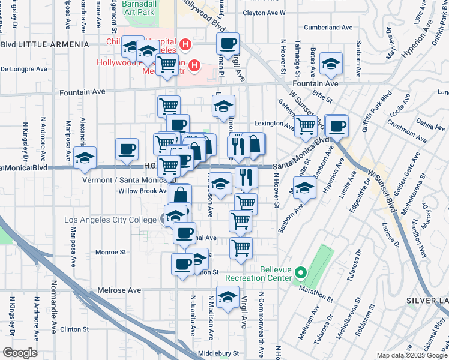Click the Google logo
(x=19, y=353)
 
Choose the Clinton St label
(x=74, y=329)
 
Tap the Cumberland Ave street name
(x=328, y=28)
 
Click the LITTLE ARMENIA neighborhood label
(x=46, y=44)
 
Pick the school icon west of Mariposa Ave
(x=85, y=158)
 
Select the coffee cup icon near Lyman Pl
(x=228, y=44)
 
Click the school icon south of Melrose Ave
(x=228, y=298)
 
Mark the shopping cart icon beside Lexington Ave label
(x=306, y=126)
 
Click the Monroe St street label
(x=110, y=253)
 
